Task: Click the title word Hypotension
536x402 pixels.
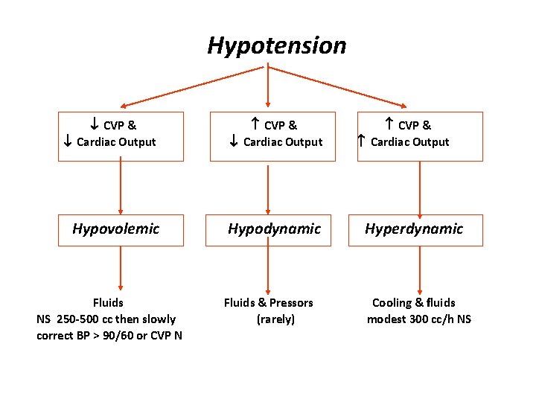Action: coord(276,45)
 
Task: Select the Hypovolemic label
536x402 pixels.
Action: coord(115,229)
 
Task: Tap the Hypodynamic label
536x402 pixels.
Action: coord(274,229)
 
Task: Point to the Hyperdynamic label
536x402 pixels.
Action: coord(413,229)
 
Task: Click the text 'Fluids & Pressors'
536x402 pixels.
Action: coord(269,302)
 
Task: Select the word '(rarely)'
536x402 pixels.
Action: coord(275,319)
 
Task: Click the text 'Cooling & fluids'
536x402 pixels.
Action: coord(413,302)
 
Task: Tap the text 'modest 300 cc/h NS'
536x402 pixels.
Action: coord(418,319)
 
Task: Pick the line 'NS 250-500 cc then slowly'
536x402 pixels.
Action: coord(106,319)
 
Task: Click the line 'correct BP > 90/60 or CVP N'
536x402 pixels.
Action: coord(109,335)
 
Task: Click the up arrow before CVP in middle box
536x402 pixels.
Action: coord(255,125)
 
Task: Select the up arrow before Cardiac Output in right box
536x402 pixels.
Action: coord(361,141)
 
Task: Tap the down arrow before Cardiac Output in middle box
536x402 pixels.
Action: coord(233,141)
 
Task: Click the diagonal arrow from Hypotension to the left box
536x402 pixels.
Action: coord(194,86)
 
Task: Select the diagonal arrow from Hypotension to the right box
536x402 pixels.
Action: coord(339,86)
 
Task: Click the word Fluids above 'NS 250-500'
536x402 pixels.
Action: coord(108,302)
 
